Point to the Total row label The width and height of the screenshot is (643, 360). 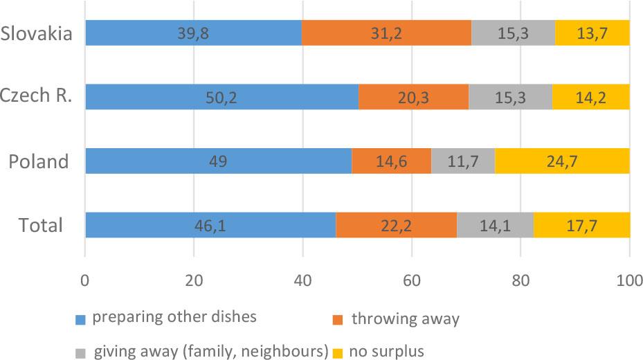[42, 226]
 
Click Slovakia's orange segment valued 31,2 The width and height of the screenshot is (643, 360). [386, 33]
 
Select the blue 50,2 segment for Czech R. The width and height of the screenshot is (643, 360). [221, 98]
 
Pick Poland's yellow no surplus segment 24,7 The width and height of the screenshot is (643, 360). [562, 162]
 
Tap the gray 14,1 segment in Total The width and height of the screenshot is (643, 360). [495, 226]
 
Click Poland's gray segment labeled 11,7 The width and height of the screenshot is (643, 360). [463, 162]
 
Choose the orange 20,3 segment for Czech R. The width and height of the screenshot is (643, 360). [413, 98]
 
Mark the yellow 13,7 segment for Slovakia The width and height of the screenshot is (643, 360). [592, 33]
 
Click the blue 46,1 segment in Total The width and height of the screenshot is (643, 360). [210, 226]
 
